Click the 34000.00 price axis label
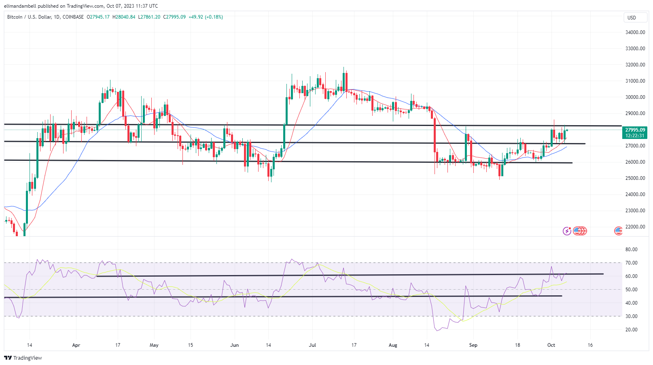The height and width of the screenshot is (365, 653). coord(635,32)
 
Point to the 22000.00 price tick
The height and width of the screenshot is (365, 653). coord(635,227)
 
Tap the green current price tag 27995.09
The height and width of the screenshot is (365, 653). coord(635,130)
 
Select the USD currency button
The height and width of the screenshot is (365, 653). coord(632,18)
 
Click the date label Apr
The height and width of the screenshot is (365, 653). coord(76,345)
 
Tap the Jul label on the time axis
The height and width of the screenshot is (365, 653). coord(312,345)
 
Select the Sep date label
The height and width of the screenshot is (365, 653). coord(473,345)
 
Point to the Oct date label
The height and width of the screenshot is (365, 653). coord(551,345)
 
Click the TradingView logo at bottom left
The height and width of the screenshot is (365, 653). coord(23,358)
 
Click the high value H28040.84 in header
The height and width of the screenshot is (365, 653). coord(124,17)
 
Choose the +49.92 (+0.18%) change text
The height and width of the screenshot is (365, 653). coord(206,17)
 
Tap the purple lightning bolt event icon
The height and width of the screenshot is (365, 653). coord(567,231)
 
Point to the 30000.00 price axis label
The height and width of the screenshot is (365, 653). coord(635,97)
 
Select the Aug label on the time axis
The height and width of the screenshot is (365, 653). coord(393,345)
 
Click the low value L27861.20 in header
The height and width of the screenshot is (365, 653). coord(149,17)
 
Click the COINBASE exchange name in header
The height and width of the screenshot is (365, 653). coord(73,17)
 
